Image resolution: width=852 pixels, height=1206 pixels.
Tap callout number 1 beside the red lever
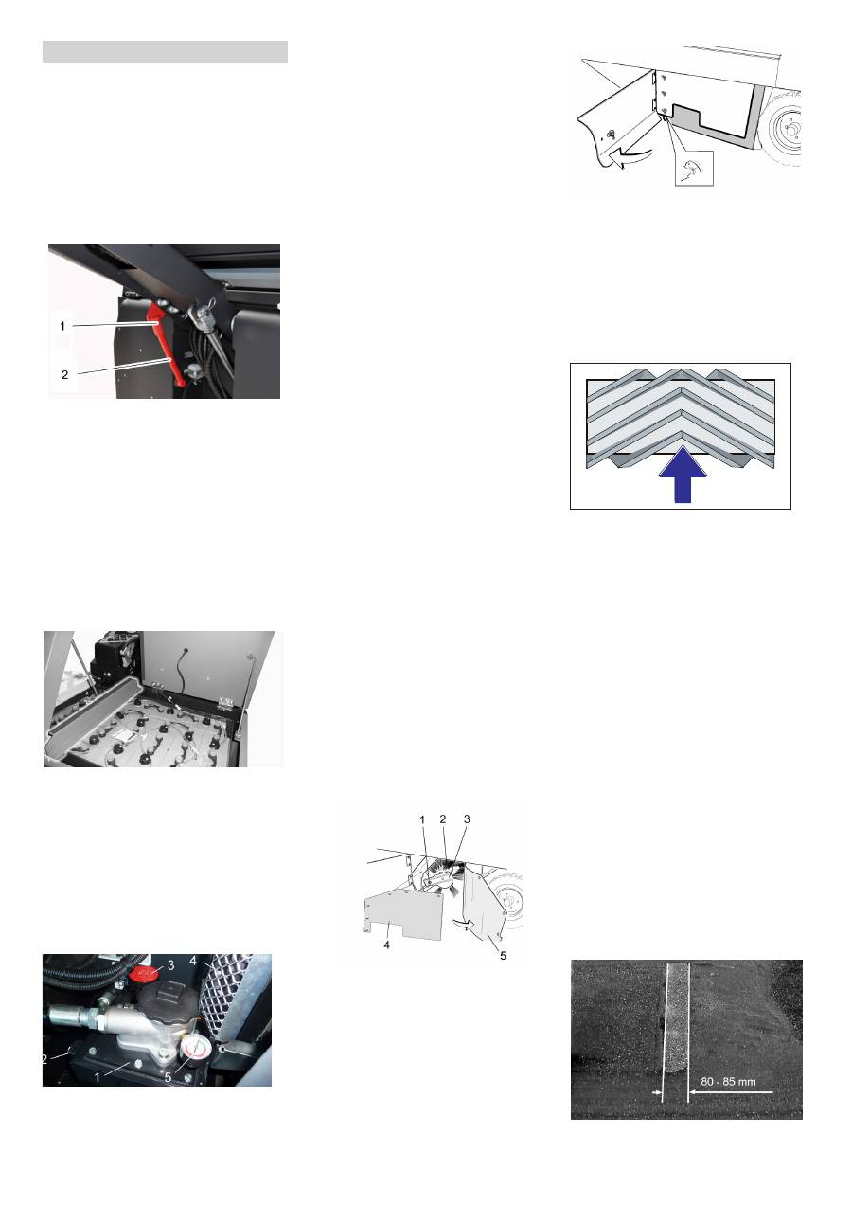point(62,326)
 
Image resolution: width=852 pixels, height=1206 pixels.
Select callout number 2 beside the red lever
point(64,375)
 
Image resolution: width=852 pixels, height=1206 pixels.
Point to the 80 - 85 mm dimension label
point(728,1081)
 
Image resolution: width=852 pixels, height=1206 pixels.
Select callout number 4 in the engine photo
point(193,961)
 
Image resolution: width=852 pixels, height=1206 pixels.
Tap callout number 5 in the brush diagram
point(503,956)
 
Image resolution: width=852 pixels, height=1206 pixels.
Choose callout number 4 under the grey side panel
point(387,945)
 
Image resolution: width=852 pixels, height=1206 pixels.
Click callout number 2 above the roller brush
point(443,819)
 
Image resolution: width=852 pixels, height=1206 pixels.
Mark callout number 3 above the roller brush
point(467,819)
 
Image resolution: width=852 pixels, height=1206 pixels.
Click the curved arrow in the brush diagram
point(464,924)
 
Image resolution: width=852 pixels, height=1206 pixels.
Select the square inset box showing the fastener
point(694,169)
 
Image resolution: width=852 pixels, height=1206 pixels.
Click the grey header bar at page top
point(165,52)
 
